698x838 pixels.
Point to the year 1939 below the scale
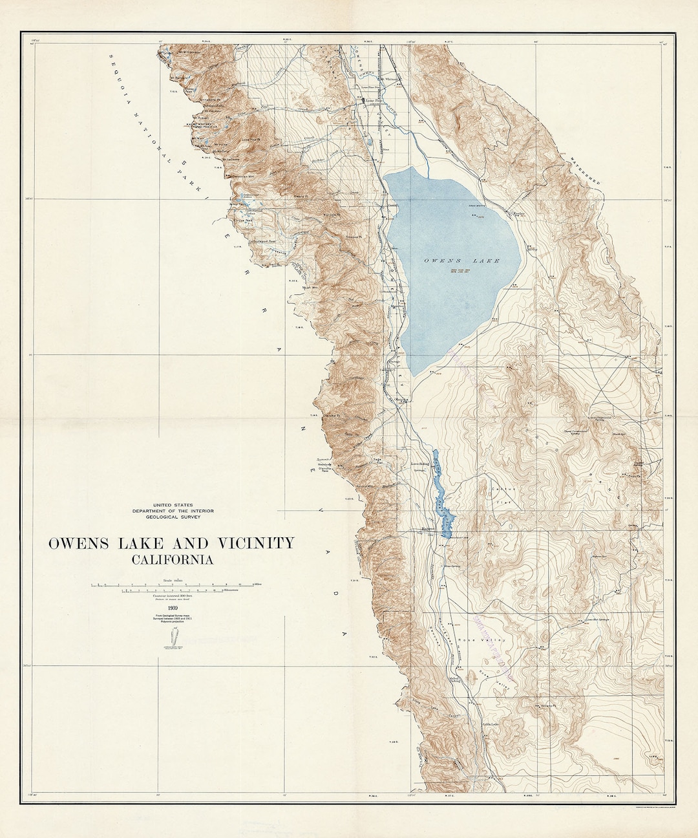click(173, 608)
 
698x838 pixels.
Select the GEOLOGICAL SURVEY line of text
click(173, 517)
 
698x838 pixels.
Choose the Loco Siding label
click(421, 464)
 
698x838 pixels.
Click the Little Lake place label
click(491, 724)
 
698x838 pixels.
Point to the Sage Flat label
click(378, 461)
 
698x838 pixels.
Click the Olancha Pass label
click(324, 470)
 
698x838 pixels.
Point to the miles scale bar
click(174, 585)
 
